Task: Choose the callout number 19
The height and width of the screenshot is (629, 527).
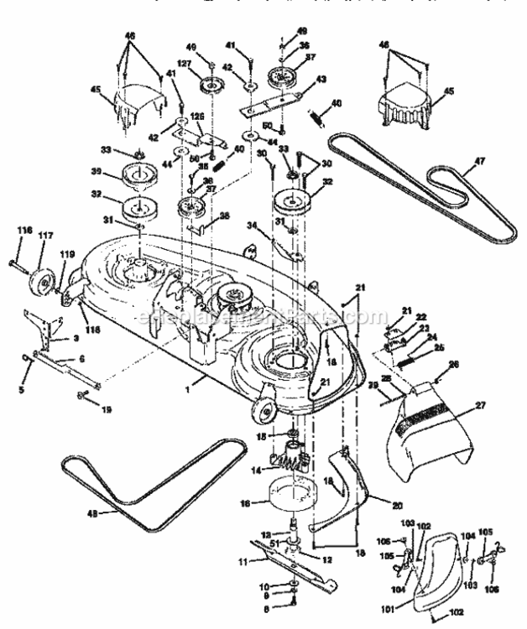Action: click(x=106, y=401)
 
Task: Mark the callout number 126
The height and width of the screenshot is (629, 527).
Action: click(x=198, y=117)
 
